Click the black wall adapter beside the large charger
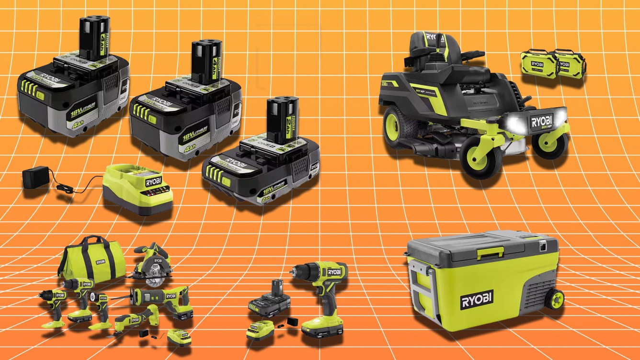[36, 177]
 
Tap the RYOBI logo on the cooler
[477, 302]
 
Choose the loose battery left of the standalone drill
[269, 301]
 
